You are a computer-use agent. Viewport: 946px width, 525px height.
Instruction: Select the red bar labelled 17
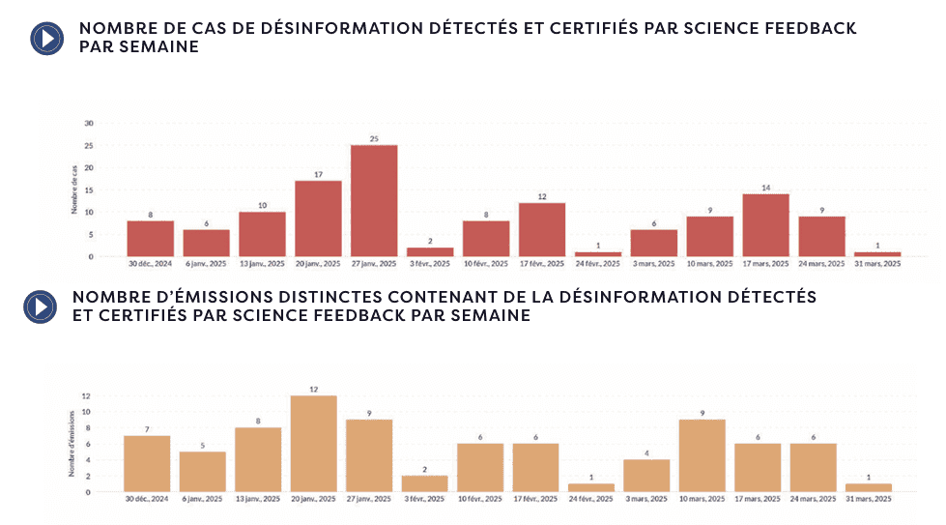tap(318, 219)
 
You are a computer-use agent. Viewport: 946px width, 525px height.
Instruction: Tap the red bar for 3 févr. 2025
tap(430, 251)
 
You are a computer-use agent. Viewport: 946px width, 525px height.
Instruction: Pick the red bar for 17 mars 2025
tap(766, 225)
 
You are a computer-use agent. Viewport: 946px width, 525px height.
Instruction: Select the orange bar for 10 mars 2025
tap(702, 455)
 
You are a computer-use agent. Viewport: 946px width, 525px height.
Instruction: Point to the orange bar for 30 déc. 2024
tap(147, 463)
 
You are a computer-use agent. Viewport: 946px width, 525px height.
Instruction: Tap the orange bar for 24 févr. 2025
tap(591, 487)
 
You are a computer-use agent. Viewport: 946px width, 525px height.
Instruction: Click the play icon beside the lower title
tap(40, 306)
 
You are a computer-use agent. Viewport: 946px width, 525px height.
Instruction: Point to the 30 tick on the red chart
tap(89, 124)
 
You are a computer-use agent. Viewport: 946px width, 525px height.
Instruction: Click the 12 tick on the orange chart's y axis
tap(86, 396)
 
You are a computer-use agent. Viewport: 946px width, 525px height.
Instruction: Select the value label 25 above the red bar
tap(374, 138)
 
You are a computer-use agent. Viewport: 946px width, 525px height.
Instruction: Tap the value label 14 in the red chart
tap(766, 188)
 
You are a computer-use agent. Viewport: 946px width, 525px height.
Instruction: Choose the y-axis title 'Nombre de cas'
tap(74, 190)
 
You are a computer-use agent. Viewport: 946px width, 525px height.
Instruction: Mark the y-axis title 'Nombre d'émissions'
tap(72, 444)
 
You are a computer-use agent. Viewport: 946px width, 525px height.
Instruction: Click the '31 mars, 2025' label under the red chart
tap(877, 263)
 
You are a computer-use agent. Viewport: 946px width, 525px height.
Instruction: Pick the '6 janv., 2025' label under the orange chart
tap(203, 499)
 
